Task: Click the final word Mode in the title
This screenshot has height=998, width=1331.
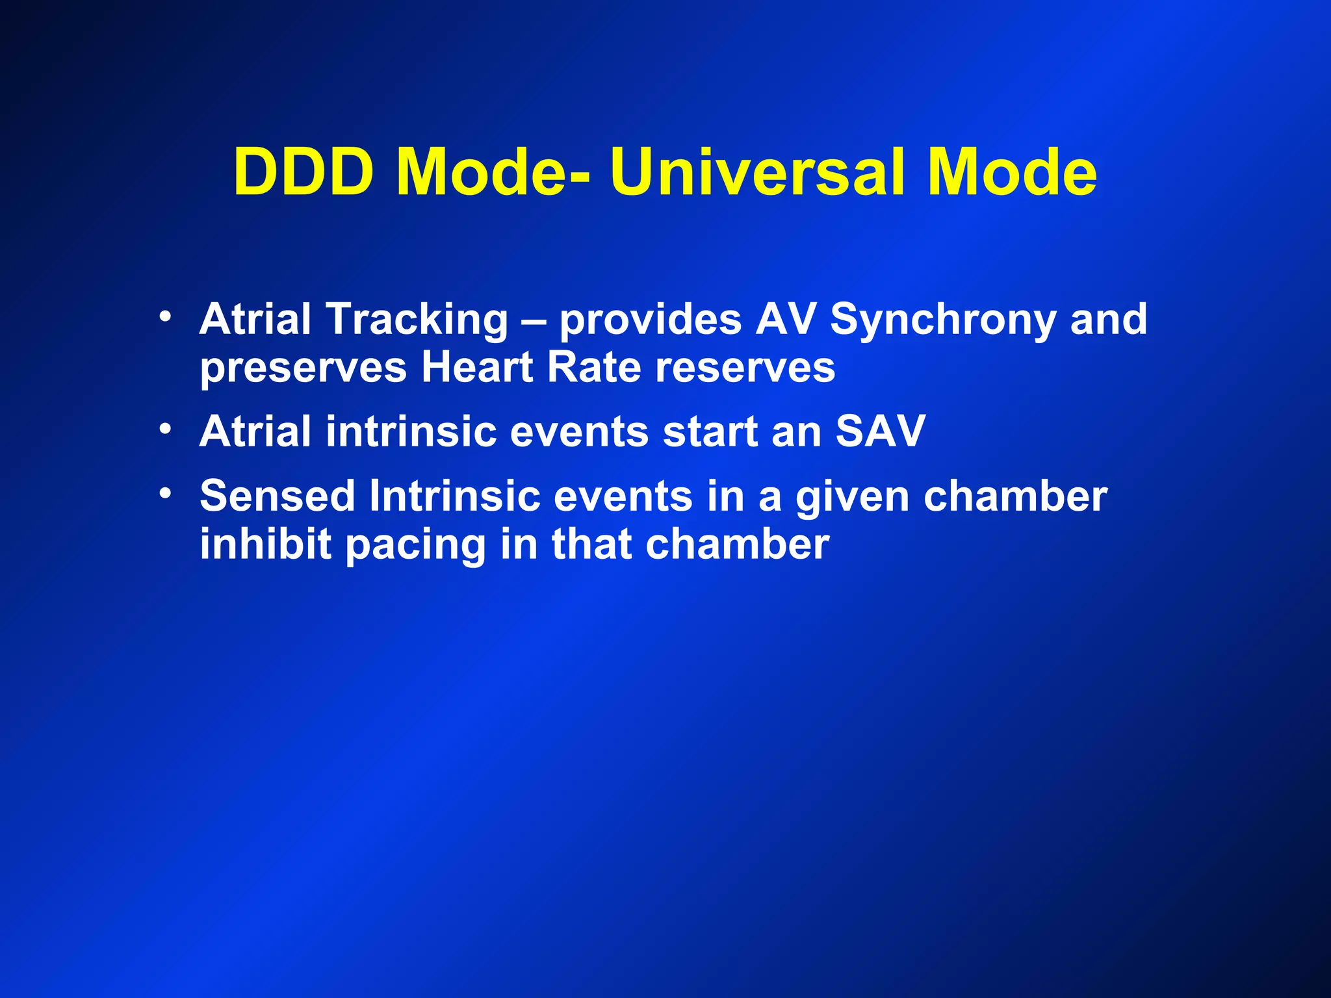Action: (x=1012, y=172)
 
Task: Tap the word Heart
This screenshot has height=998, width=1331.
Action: (x=477, y=367)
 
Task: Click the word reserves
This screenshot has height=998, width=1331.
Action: (x=745, y=368)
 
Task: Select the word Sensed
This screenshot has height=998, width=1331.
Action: (x=278, y=496)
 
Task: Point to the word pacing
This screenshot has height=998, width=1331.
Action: (x=415, y=545)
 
